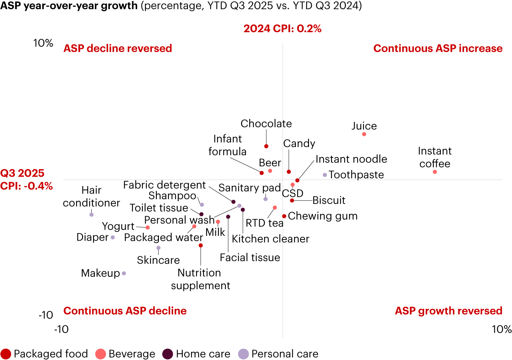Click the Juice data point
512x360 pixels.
(x=364, y=134)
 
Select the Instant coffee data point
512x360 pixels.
(x=435, y=172)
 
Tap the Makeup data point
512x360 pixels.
(x=124, y=273)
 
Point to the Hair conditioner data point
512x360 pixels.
(x=91, y=215)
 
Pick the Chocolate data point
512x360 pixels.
(x=266, y=146)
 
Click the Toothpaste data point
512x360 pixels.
(x=325, y=175)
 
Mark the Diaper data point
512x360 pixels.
(x=113, y=237)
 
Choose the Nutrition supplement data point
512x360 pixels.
(x=201, y=246)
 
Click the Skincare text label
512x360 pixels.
(x=158, y=260)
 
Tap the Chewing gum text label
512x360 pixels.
(x=322, y=216)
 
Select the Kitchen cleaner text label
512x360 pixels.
(x=270, y=239)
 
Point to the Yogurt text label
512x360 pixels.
(x=118, y=226)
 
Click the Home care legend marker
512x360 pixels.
(x=167, y=354)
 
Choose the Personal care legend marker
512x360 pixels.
(x=243, y=354)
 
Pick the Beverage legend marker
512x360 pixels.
(x=101, y=354)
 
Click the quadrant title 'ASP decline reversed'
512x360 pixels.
(x=118, y=48)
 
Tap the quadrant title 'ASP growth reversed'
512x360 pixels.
(x=448, y=311)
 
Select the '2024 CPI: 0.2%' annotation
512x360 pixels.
(x=282, y=29)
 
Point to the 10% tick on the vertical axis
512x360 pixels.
(x=43, y=43)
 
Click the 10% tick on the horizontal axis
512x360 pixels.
(x=501, y=329)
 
